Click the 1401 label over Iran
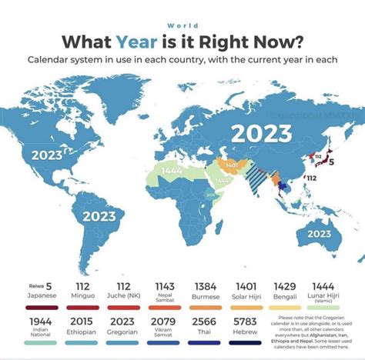[230, 164]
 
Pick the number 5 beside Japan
[331, 162]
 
